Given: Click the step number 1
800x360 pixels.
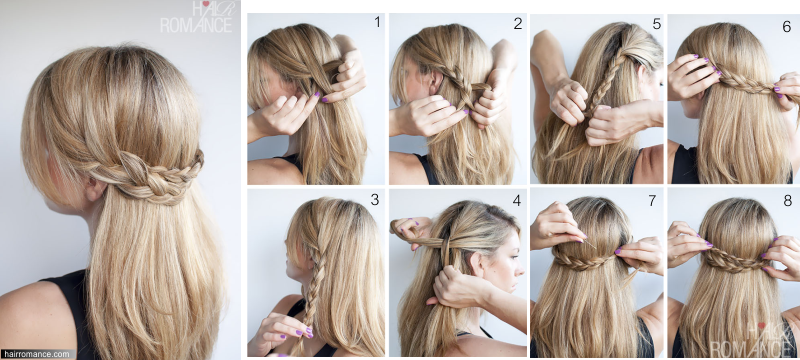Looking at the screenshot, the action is [377, 22].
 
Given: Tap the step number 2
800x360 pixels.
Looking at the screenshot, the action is [518, 23].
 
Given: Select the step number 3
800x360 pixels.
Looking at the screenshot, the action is [375, 199].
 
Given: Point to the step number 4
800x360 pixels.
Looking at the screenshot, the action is [517, 200].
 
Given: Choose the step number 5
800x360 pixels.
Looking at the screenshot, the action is [657, 23].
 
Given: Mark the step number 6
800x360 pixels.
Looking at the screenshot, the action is [787, 27].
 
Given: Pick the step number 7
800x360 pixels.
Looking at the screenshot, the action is [652, 200].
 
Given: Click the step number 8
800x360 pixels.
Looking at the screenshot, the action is [787, 200].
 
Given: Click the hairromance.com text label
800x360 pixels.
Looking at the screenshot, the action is [35, 354].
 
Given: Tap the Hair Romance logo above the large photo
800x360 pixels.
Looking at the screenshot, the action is [196, 17].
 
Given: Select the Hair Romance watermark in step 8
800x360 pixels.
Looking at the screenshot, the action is [750, 339].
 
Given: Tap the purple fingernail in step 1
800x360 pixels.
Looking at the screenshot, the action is [317, 94].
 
